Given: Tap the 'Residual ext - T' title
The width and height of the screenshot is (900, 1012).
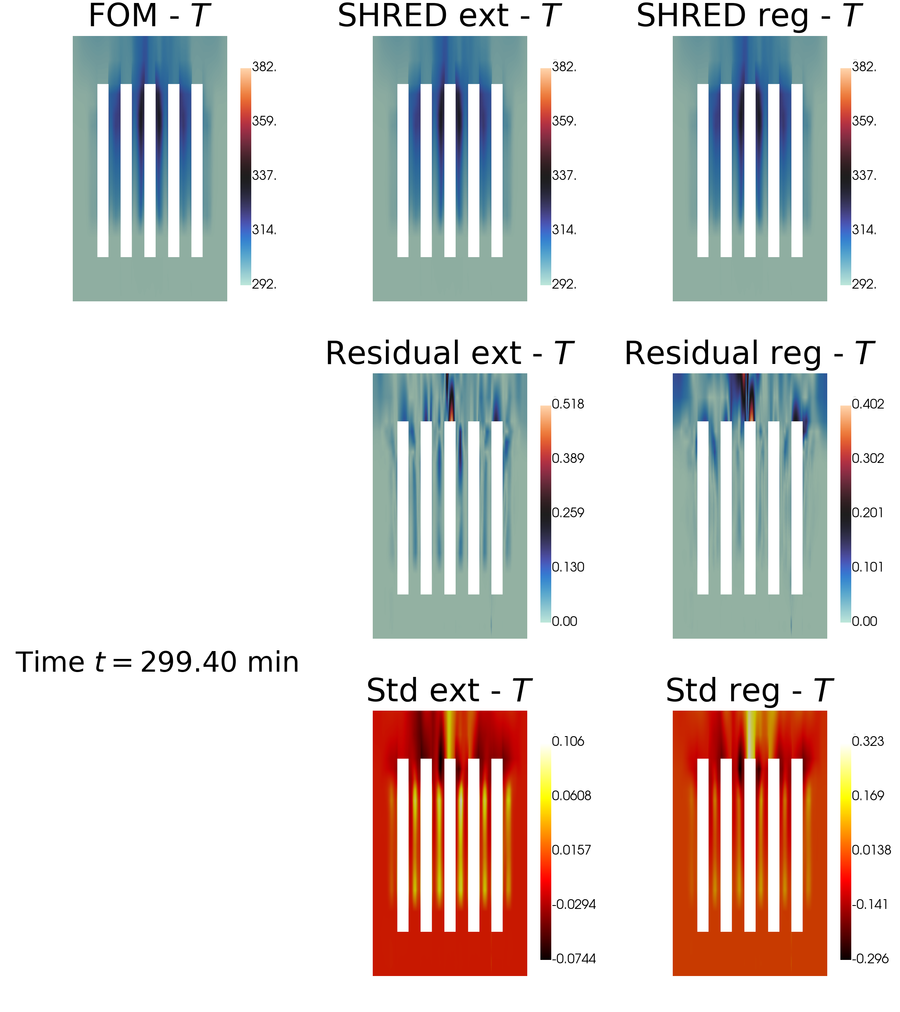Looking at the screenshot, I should coord(449,353).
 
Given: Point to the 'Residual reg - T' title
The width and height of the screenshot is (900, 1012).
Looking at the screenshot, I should coord(749,353).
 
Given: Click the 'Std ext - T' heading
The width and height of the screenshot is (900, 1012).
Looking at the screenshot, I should coord(449,691).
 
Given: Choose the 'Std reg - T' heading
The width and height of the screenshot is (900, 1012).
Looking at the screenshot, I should coord(749,691).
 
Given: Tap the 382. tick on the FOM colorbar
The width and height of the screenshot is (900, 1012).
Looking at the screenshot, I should coord(264,67).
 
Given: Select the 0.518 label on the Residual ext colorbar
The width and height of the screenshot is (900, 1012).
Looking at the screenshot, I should coord(568,404).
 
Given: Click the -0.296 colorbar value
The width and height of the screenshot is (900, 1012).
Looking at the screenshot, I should coord(869,959).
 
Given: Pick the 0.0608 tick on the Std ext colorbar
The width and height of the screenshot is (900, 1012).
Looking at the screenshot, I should coord(571,796).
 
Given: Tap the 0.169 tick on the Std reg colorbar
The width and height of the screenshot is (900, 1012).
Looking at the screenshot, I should coord(867,796).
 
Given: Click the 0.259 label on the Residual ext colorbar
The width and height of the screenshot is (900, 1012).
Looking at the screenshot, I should coord(568,512).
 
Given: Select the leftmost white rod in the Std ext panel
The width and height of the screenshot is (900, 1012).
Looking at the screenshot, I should coord(403,845).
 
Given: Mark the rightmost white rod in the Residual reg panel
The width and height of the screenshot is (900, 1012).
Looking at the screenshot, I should coord(796,507).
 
